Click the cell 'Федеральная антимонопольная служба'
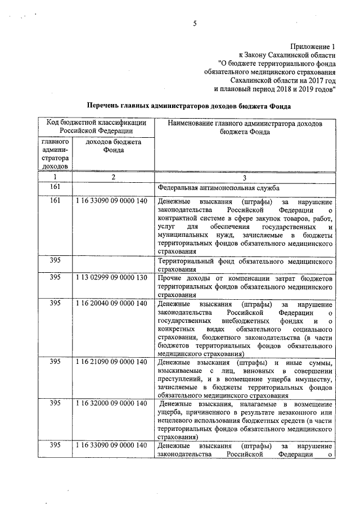pos(219,187)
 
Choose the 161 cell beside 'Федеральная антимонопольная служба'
pos(55,187)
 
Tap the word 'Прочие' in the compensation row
pos(170,278)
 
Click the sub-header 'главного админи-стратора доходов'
pos(55,154)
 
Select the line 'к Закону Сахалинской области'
pos(287,55)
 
